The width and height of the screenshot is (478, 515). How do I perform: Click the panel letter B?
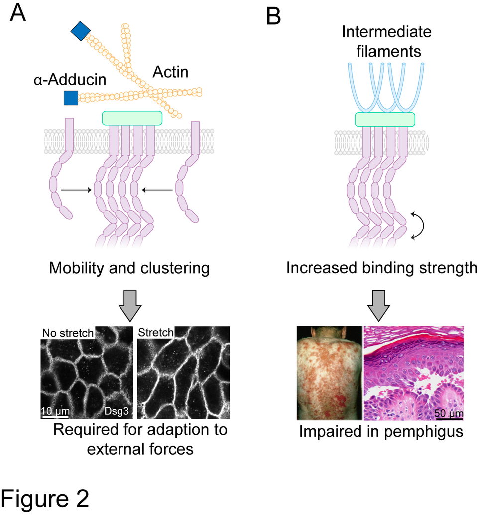click(274, 16)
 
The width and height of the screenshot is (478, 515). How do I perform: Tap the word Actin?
click(170, 73)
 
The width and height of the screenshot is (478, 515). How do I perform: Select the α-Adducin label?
click(70, 80)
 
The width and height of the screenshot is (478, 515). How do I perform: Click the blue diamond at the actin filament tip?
click(80, 31)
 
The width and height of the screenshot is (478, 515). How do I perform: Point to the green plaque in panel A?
click(132, 118)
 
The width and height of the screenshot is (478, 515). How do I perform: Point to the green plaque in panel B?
click(384, 119)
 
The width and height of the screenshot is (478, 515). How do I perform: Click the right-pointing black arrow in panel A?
click(76, 190)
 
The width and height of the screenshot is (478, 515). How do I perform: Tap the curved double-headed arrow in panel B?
click(421, 227)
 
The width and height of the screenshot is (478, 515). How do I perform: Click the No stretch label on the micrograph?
click(67, 333)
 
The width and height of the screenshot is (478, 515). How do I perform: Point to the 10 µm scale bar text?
click(55, 412)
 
